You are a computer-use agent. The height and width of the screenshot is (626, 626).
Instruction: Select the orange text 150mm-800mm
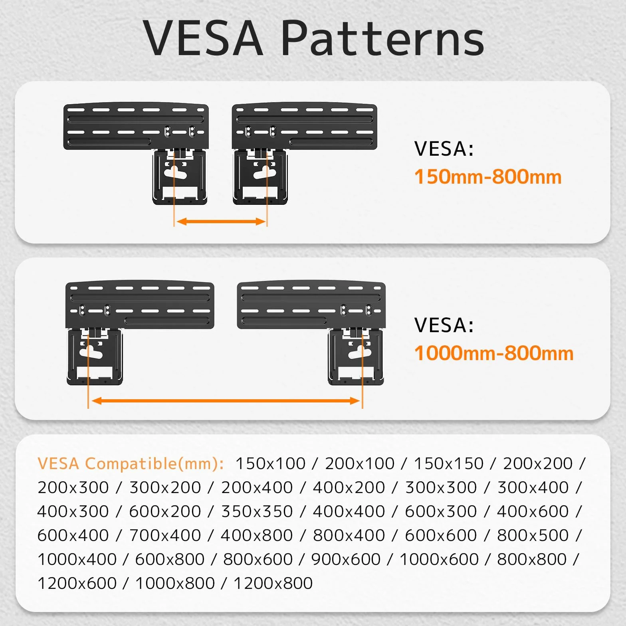pyautogui.click(x=488, y=177)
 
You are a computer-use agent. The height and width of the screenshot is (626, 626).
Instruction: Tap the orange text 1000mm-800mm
pyautogui.click(x=494, y=353)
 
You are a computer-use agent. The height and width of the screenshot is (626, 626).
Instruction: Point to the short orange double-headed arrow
pyautogui.click(x=221, y=221)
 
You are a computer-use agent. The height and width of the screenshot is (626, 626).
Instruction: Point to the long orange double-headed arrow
pyautogui.click(x=226, y=400)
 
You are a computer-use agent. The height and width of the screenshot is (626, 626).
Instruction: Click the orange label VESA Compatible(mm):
pyautogui.click(x=131, y=464)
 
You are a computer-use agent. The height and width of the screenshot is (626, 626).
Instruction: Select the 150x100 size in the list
pyautogui.click(x=270, y=464)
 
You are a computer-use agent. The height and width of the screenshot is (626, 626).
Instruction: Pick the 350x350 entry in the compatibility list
pyautogui.click(x=257, y=511)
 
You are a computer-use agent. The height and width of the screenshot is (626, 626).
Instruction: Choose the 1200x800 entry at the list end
pyautogui.click(x=273, y=583)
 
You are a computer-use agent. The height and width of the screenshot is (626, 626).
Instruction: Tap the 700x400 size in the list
pyautogui.click(x=165, y=535)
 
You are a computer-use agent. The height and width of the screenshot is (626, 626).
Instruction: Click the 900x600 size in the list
pyautogui.click(x=346, y=559)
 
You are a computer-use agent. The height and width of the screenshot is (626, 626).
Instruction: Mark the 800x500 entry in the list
pyautogui.click(x=533, y=535)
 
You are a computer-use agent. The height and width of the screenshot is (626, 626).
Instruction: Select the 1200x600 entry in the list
pyautogui.click(x=77, y=583)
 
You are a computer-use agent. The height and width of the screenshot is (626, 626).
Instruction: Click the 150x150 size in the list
pyautogui.click(x=449, y=464)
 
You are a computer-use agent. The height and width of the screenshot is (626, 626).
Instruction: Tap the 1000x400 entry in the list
pyautogui.click(x=77, y=559)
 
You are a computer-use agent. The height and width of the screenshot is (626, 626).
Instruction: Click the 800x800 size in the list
pyautogui.click(x=532, y=559)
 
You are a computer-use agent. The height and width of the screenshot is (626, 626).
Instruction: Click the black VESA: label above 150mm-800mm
pyautogui.click(x=444, y=149)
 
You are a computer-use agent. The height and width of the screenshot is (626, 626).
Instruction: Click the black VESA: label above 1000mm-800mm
pyautogui.click(x=444, y=325)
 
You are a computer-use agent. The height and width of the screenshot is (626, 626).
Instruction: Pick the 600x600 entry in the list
pyautogui.click(x=441, y=535)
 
